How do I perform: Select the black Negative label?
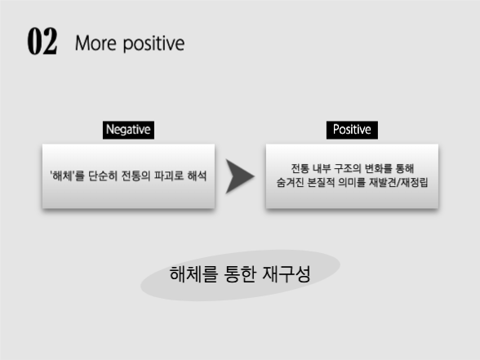point(129,130)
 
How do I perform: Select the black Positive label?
point(352,130)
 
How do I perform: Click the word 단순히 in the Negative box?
point(104,176)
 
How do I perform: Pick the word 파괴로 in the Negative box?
point(167,176)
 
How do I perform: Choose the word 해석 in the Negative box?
point(195,176)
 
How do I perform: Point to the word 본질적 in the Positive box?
point(325,182)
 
